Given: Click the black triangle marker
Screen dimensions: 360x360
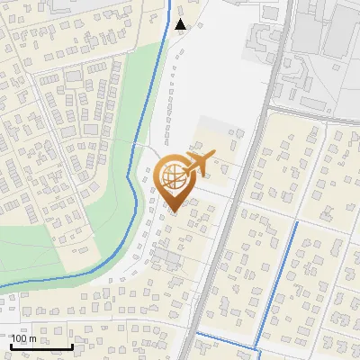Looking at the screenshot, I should tap(181, 24).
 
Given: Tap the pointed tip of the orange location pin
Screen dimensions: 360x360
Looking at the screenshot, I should tap(174, 211).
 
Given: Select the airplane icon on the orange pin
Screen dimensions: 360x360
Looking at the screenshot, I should tap(198, 164).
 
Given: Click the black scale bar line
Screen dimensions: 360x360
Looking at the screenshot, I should tap(41, 346).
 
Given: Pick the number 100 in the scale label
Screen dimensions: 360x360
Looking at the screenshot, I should tap(20, 338).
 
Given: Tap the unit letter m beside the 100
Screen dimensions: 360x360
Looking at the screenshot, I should tap(33, 338).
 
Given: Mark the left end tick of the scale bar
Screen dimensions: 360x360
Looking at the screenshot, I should tap(11, 345).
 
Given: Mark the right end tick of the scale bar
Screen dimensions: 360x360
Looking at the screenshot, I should tap(72, 345).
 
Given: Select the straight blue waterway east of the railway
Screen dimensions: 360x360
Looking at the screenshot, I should tap(278, 279).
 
